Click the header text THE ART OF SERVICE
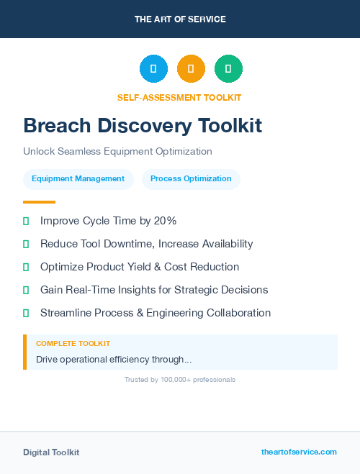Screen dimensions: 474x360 point(180,19)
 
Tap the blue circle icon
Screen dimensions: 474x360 point(153,69)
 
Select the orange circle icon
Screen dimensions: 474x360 point(191,69)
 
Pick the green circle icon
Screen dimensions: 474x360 point(228,69)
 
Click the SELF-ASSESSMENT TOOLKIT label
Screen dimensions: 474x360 point(179,97)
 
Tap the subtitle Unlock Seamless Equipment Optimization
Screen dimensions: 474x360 point(117,152)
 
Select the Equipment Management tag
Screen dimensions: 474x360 point(78,179)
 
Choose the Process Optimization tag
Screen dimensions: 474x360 point(191,179)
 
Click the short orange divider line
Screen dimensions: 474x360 point(39,202)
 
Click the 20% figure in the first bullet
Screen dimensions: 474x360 point(164,221)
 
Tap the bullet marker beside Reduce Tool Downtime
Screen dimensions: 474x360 point(26,245)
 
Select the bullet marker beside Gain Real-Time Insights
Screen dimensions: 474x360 point(26,291)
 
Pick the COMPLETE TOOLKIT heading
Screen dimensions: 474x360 point(73,344)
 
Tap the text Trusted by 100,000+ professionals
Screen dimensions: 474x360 point(180,379)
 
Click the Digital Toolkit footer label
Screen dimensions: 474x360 point(51,452)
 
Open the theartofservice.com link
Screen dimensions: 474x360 point(299,452)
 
